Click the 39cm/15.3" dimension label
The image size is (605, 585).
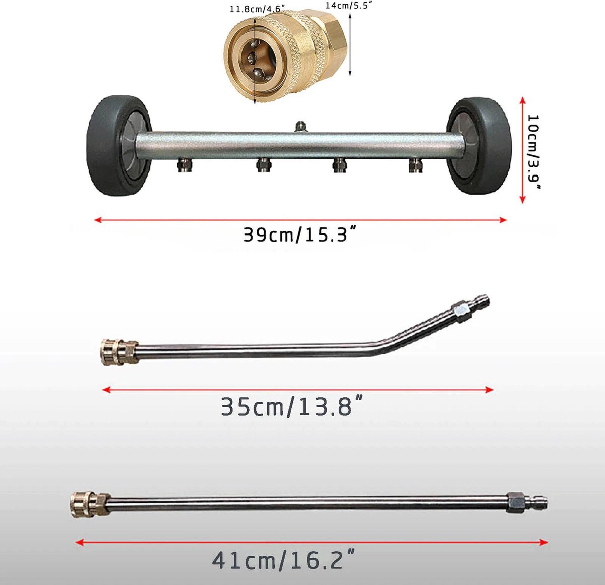tap(299, 235)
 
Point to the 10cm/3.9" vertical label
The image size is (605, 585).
tap(533, 152)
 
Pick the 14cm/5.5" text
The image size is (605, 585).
tap(349, 5)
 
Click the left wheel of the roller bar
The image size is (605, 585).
tap(119, 146)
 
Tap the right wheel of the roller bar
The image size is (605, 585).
tap(478, 146)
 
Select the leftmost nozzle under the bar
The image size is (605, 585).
tap(185, 165)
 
